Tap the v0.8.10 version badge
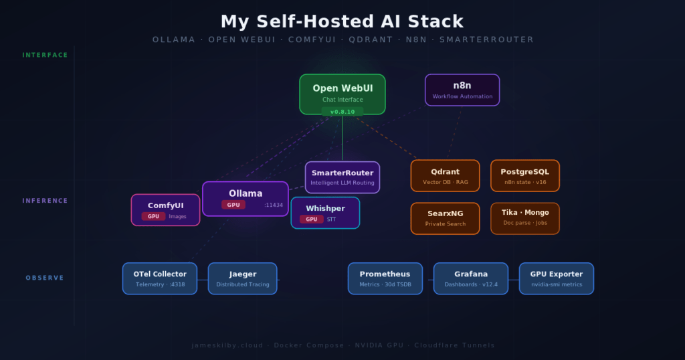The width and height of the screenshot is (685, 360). click(342, 112)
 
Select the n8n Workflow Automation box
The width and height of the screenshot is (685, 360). click(462, 90)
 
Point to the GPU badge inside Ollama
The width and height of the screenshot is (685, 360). click(233, 205)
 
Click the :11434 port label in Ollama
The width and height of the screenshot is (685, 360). click(274, 205)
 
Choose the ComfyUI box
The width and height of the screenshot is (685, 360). click(165, 209)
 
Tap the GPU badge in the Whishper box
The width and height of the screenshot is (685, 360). click(311, 219)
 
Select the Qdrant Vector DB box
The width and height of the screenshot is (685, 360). click(445, 175)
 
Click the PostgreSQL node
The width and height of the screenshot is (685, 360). click(524, 175)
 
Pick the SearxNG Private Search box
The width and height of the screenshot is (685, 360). click(445, 218)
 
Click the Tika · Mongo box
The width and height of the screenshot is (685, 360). click(524, 218)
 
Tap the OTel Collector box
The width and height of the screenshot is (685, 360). click(159, 278)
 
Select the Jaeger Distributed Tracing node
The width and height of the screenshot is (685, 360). click(242, 278)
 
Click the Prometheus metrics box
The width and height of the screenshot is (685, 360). click(385, 278)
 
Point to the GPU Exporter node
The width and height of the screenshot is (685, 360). click(556, 278)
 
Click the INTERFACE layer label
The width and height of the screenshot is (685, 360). click(45, 55)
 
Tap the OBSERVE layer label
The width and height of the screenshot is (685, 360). click(45, 278)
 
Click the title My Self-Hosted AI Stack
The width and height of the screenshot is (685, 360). click(342, 21)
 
